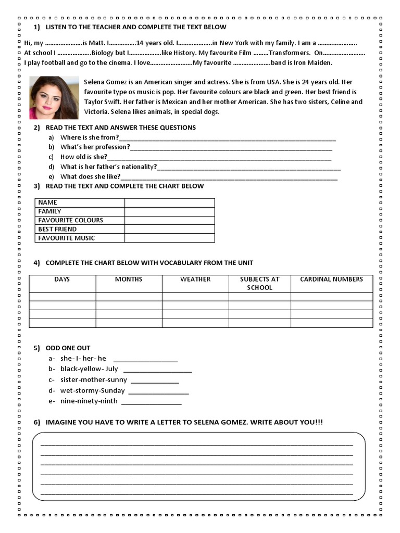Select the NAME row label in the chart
click(x=48, y=202)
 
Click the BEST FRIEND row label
click(x=57, y=229)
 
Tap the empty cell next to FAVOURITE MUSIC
click(x=169, y=238)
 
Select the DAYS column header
click(x=62, y=280)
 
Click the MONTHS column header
click(x=129, y=280)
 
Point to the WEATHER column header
click(x=195, y=280)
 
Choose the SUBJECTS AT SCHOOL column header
click(x=259, y=283)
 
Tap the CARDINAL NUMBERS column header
click(x=332, y=280)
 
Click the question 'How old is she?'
click(x=84, y=157)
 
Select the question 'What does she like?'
click(x=90, y=177)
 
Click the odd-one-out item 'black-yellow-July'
click(x=89, y=369)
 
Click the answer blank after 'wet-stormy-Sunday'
click(x=158, y=391)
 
